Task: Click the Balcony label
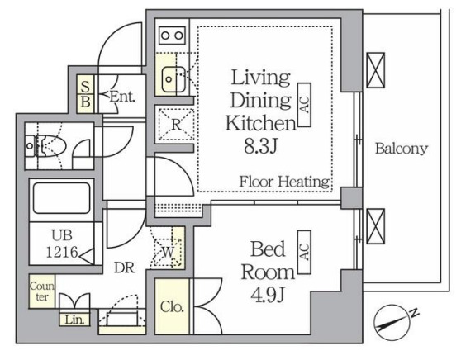pyautogui.click(x=402, y=149)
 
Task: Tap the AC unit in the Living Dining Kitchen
pyautogui.click(x=304, y=105)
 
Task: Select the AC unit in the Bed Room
pyautogui.click(x=304, y=252)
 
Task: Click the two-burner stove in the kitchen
pyautogui.click(x=173, y=36)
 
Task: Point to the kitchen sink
pyautogui.click(x=173, y=78)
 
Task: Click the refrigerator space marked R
pyautogui.click(x=177, y=125)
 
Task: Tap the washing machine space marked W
pyautogui.click(x=168, y=252)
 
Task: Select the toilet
pyautogui.click(x=46, y=146)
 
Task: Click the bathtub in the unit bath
pyautogui.click(x=61, y=198)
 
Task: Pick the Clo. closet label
pyautogui.click(x=172, y=307)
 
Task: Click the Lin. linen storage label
pyautogui.click(x=74, y=320)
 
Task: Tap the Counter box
pyautogui.click(x=42, y=291)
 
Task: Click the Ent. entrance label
pyautogui.click(x=122, y=97)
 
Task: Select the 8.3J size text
pyautogui.click(x=261, y=146)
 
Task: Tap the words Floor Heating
pyautogui.click(x=284, y=182)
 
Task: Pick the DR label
pyautogui.click(x=124, y=268)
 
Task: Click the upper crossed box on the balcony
pyautogui.click(x=375, y=70)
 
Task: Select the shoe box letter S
pyautogui.click(x=85, y=86)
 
